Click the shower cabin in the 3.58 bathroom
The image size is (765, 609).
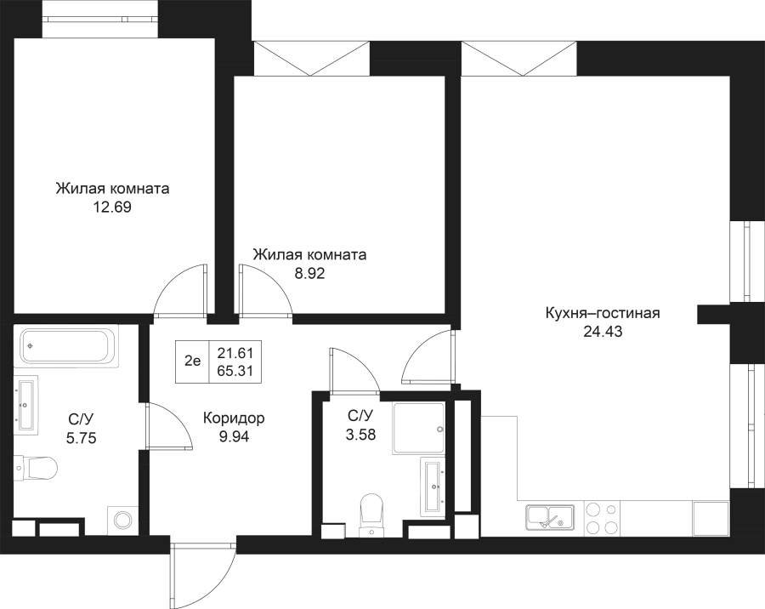(x=419, y=424)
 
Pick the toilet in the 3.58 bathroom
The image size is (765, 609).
(x=371, y=512)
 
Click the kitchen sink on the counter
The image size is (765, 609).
(x=550, y=517)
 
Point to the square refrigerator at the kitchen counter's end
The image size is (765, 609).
(x=711, y=518)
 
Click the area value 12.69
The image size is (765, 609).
(x=112, y=207)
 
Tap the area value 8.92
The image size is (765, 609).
(x=309, y=274)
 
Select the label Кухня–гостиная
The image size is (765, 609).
(x=602, y=313)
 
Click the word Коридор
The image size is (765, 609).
(x=234, y=418)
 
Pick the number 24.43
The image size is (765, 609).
(x=602, y=333)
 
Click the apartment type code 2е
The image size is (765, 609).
(x=192, y=361)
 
